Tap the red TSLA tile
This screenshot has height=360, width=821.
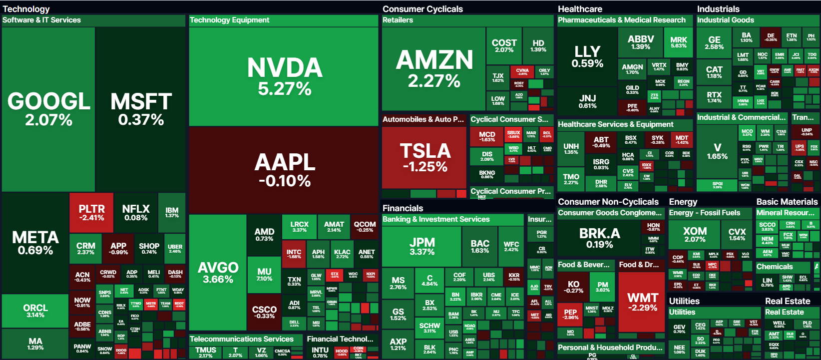point(425,157)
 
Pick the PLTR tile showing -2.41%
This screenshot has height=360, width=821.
point(91,212)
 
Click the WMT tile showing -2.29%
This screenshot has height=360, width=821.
point(642,302)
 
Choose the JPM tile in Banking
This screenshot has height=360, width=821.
point(421,246)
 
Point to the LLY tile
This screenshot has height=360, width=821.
point(587,56)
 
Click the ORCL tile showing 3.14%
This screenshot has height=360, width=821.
point(35,311)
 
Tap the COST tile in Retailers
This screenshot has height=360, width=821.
point(504,45)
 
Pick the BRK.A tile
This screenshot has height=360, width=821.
point(599,237)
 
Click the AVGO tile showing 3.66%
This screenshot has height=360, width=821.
point(218,272)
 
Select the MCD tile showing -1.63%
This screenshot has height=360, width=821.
point(487,136)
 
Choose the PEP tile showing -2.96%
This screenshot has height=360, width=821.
point(570,314)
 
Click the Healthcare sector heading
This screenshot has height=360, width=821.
point(580,9)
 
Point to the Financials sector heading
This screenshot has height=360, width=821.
point(403,208)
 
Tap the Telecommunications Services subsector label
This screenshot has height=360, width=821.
point(241,339)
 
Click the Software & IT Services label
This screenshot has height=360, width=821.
point(41,20)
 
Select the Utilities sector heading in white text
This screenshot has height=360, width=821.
point(684,301)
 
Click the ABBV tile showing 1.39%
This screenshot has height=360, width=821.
point(640,42)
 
